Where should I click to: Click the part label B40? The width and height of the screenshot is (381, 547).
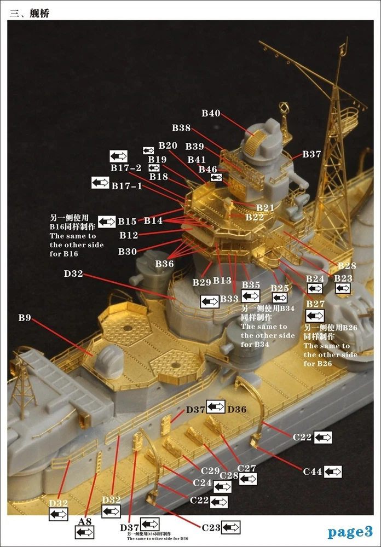click(211, 113)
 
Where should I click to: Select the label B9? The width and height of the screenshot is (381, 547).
click(25, 317)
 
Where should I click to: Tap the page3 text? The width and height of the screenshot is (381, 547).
click(350, 531)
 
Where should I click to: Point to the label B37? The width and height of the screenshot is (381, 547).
click(311, 154)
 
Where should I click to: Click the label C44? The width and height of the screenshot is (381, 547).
click(313, 470)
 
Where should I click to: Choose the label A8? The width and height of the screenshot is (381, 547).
click(85, 522)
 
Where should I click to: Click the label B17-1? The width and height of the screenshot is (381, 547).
click(126, 186)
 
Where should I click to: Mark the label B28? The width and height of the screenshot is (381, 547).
click(347, 266)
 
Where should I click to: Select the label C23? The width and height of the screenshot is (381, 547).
click(211, 527)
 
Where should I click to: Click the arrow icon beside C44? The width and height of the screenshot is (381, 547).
click(333, 471)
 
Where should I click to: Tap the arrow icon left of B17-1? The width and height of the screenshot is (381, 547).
click(100, 183)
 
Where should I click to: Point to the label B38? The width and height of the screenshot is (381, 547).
click(181, 128)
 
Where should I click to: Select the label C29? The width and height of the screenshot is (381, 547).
click(210, 470)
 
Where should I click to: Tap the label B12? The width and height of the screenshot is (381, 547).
click(129, 235)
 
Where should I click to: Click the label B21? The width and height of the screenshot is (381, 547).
click(265, 207)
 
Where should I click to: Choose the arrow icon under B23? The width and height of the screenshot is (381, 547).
click(343, 288)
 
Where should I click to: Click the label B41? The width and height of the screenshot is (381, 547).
click(197, 159)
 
